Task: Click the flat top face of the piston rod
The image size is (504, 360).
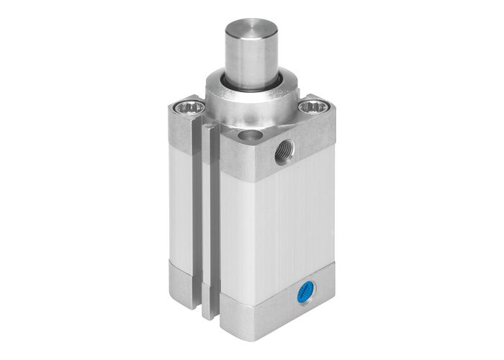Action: (x=251, y=28)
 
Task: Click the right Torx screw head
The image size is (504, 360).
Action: (x=315, y=109)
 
